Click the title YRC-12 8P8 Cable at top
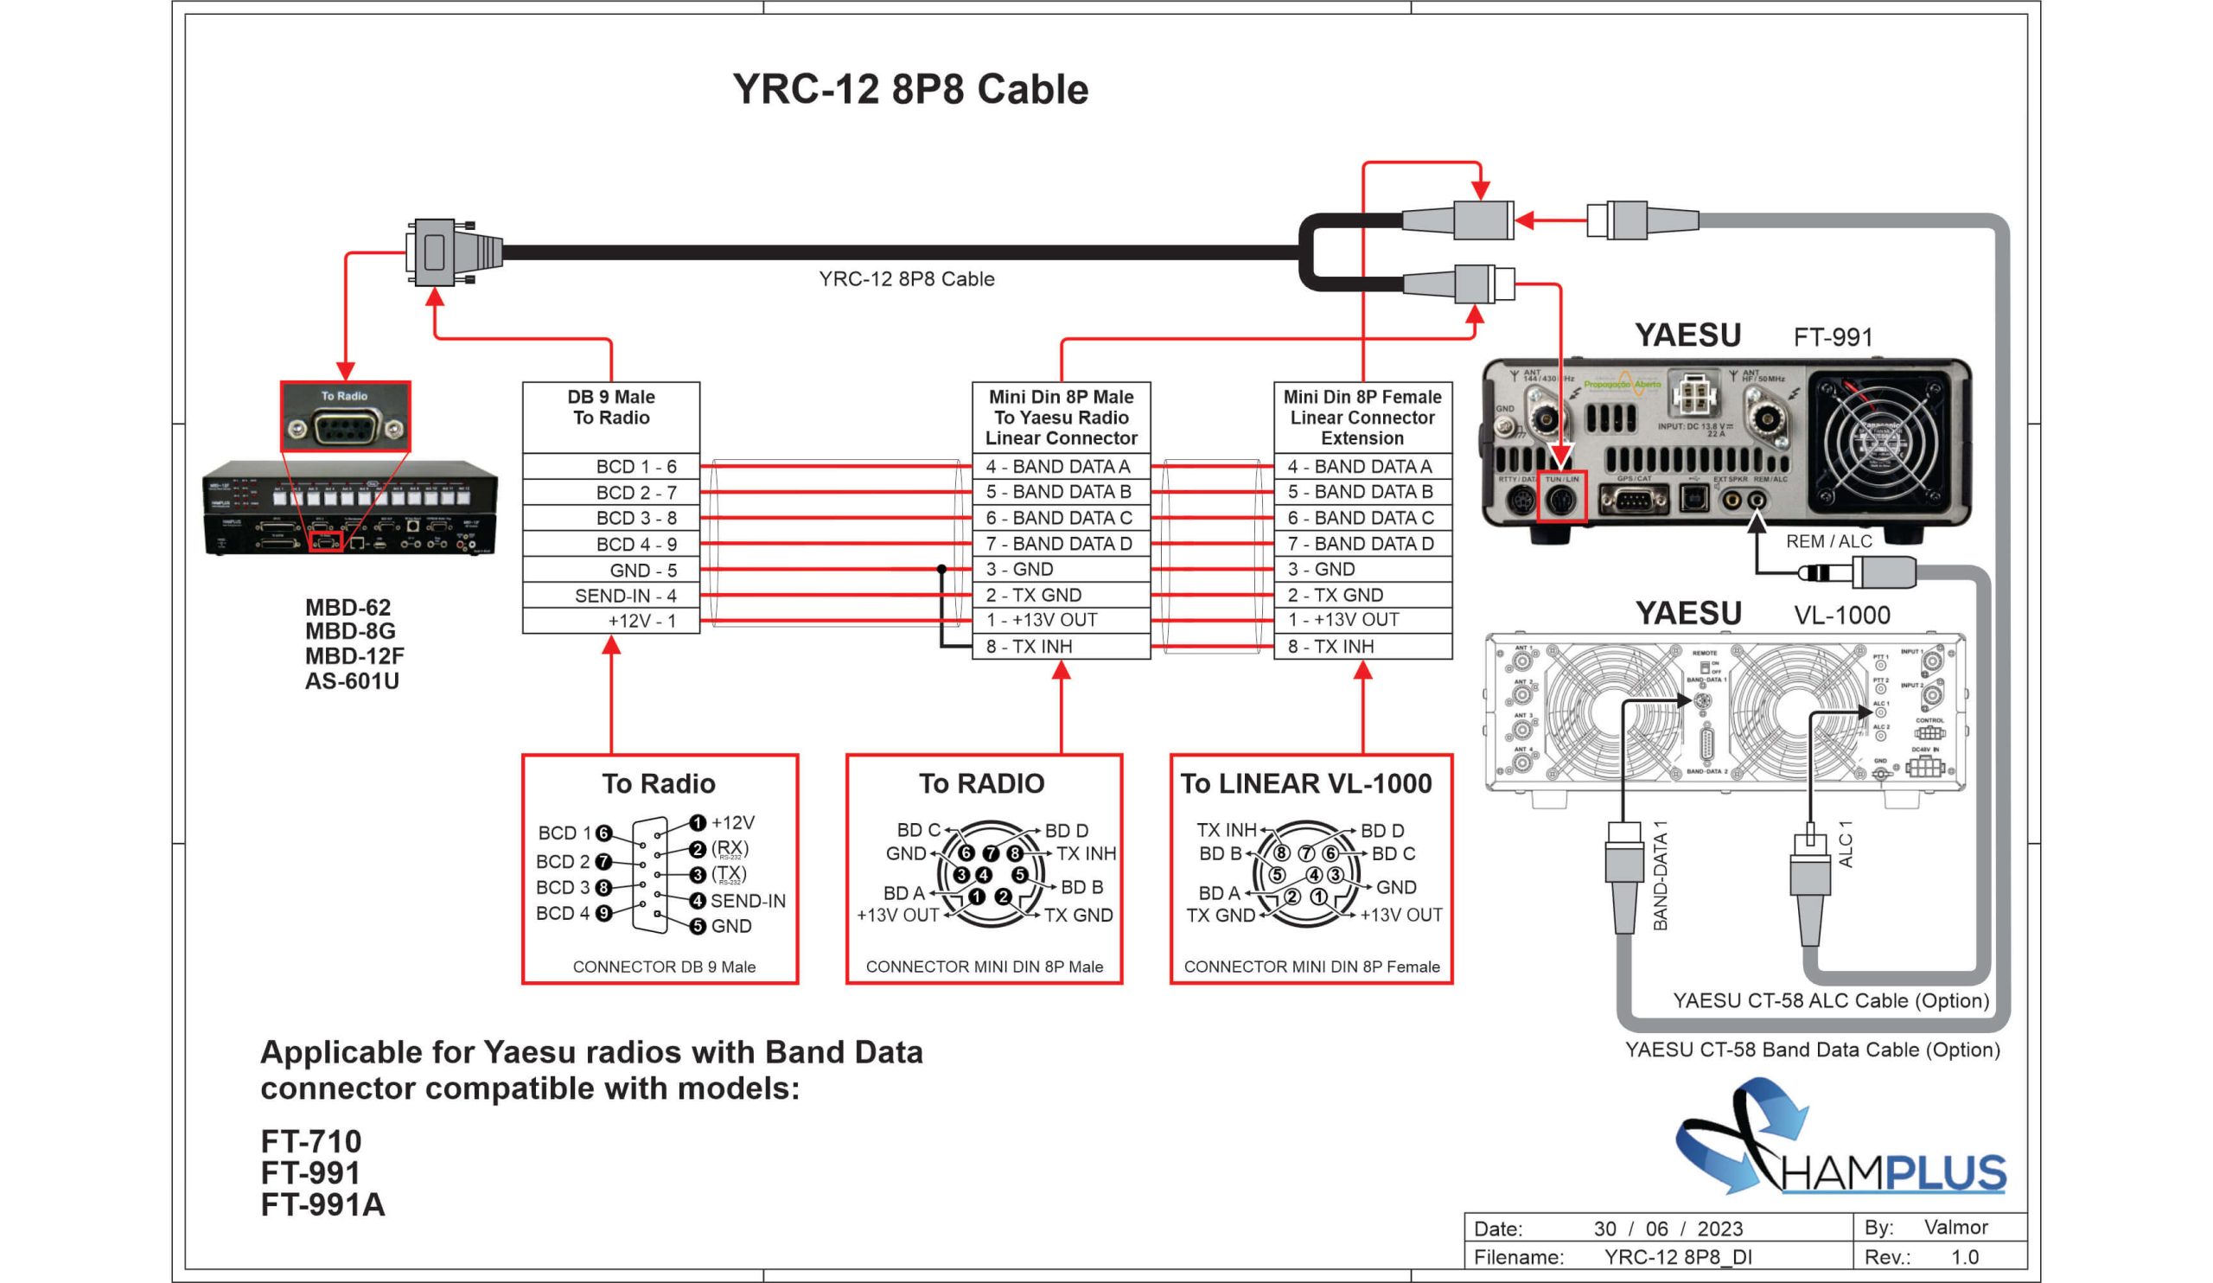tap(909, 90)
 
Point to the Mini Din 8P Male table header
tap(1061, 417)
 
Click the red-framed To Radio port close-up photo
tap(345, 417)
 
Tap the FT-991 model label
tap(1833, 337)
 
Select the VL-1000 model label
tap(1841, 615)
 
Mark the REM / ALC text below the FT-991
tap(1828, 541)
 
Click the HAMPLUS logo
tap(1840, 1141)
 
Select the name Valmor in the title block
tap(1955, 1227)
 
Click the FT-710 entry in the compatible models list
tap(311, 1140)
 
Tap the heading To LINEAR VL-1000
tap(1306, 783)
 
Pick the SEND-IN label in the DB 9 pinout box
tap(748, 901)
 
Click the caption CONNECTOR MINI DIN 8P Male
tap(984, 967)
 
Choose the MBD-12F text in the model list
tap(354, 656)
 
